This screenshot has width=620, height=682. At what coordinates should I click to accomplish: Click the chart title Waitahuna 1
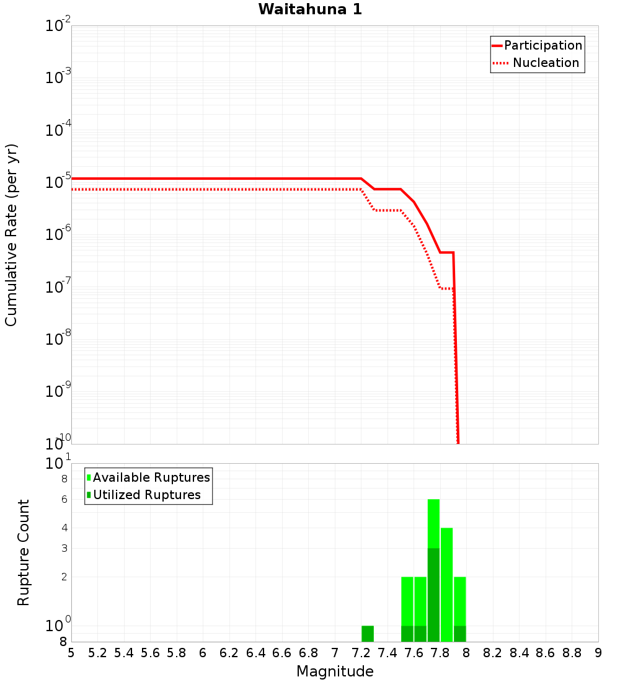click(x=310, y=9)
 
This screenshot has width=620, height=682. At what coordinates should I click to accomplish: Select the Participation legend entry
click(x=543, y=45)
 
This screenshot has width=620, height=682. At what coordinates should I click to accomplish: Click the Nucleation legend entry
click(x=546, y=63)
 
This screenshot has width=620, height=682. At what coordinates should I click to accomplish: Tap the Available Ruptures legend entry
click(x=151, y=477)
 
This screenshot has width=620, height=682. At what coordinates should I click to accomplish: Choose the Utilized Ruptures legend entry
click(x=146, y=495)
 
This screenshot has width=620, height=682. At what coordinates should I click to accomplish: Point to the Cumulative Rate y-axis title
click(x=11, y=235)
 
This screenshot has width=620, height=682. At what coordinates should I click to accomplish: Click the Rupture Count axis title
click(x=24, y=552)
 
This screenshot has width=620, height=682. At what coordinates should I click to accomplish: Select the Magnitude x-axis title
click(x=335, y=671)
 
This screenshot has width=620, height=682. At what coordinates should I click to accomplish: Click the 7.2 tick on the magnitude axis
click(x=361, y=653)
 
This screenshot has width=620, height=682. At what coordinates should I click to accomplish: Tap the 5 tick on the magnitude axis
click(x=71, y=653)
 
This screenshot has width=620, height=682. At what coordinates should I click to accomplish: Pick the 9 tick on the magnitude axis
click(x=598, y=653)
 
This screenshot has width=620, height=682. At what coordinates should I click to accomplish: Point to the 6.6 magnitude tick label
click(x=281, y=653)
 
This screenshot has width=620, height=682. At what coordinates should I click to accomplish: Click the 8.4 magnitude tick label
click(x=519, y=653)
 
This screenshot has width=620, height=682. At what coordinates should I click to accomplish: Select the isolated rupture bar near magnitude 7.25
click(x=368, y=634)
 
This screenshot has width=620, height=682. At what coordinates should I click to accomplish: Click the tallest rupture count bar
click(x=433, y=570)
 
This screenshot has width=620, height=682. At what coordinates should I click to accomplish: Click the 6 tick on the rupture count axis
click(x=63, y=499)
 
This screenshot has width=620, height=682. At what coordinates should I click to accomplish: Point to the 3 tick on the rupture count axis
click(x=63, y=548)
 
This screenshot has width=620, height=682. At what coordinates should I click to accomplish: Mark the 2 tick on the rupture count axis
click(x=63, y=577)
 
